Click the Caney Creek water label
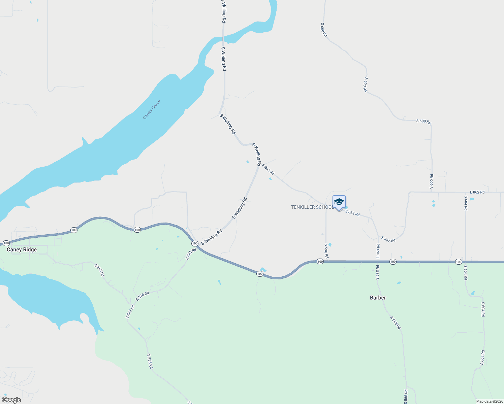[152, 110]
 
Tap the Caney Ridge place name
[22, 249]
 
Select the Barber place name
[378, 298]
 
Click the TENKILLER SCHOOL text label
[312, 207]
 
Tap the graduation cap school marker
[339, 202]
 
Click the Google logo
[11, 400]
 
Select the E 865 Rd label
[99, 270]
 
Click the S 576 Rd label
[143, 296]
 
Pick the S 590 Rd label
[326, 251]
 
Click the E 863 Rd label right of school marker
[352, 213]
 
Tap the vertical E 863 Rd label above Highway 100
[378, 251]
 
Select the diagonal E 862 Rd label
[388, 239]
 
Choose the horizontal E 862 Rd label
[477, 192]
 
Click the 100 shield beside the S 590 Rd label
[320, 262]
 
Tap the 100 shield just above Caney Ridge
[6, 243]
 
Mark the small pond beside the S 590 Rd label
[330, 244]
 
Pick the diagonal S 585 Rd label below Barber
[396, 323]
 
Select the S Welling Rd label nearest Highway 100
[212, 237]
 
